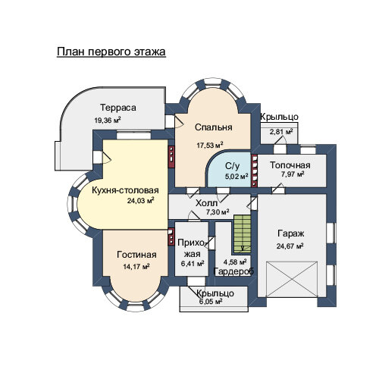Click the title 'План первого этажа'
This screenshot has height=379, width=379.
(x=111, y=52)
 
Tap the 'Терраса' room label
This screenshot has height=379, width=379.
(x=118, y=108)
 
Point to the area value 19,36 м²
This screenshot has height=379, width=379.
(x=108, y=120)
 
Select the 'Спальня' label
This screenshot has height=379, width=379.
(x=213, y=127)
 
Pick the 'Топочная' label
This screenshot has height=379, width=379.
(x=290, y=165)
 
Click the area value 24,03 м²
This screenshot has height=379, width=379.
(x=141, y=201)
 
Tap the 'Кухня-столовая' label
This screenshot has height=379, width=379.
(x=125, y=190)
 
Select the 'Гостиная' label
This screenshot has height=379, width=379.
(x=136, y=255)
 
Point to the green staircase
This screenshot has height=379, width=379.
(x=242, y=233)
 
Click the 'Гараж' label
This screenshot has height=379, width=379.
(x=291, y=233)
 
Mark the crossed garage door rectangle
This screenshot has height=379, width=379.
(x=292, y=279)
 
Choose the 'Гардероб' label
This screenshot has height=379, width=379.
(x=233, y=271)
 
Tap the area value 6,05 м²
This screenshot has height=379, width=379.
(x=211, y=302)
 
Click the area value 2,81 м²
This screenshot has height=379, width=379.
(x=281, y=132)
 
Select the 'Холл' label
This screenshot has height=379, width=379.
(x=206, y=203)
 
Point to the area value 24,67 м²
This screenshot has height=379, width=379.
(x=290, y=246)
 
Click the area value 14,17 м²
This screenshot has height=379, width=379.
(x=136, y=267)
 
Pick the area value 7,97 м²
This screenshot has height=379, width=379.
(x=293, y=174)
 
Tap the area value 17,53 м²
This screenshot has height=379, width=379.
(x=210, y=145)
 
